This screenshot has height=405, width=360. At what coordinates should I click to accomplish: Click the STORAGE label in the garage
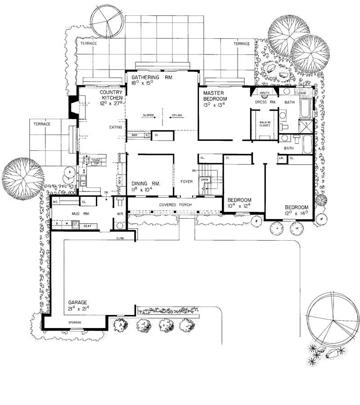pyautogui.click(x=75, y=323)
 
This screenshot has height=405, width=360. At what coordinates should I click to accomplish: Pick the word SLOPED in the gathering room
pyautogui.click(x=148, y=116)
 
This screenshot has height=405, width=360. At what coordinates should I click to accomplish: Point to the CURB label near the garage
pyautogui.click(x=120, y=238)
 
